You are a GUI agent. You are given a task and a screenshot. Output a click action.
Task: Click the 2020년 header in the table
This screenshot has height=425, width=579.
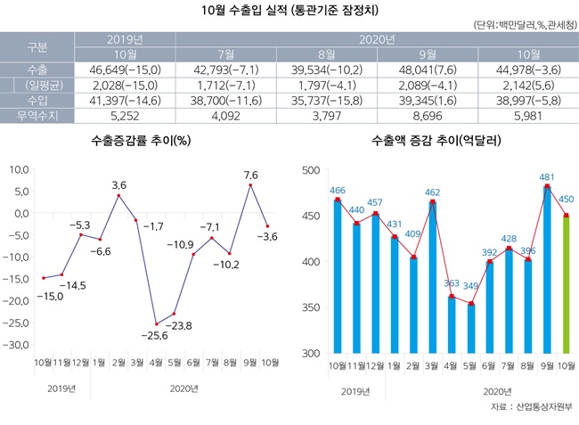click(375, 39)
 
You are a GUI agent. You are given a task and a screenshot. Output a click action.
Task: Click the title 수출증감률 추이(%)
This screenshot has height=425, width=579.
click(143, 140)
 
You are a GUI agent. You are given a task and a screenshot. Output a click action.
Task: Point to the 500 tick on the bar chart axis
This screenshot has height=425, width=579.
click(310, 170)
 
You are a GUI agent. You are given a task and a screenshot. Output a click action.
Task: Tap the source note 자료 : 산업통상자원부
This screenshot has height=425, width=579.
click(529, 408)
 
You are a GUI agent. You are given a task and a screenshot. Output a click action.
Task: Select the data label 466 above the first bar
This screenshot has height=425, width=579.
click(338, 191)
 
